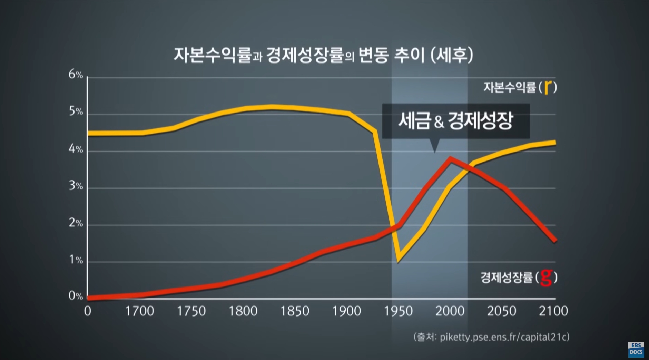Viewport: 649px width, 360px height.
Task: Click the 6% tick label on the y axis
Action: click(x=76, y=74)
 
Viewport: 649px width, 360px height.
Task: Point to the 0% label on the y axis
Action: click(x=76, y=296)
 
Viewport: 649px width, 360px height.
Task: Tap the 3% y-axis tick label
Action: click(x=76, y=186)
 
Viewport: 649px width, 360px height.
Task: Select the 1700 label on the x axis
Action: click(x=139, y=311)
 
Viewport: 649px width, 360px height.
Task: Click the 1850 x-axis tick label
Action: click(x=295, y=311)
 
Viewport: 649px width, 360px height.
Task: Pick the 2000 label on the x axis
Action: click(x=450, y=311)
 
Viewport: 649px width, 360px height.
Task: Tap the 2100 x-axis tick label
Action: click(x=553, y=311)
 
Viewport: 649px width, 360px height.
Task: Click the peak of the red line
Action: click(x=450, y=158)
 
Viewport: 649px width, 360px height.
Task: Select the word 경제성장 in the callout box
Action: click(x=480, y=120)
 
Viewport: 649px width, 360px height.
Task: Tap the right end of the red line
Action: click(x=555, y=241)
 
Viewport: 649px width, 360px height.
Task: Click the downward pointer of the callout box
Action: click(x=435, y=147)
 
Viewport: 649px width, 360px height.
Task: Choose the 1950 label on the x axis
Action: click(x=399, y=311)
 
